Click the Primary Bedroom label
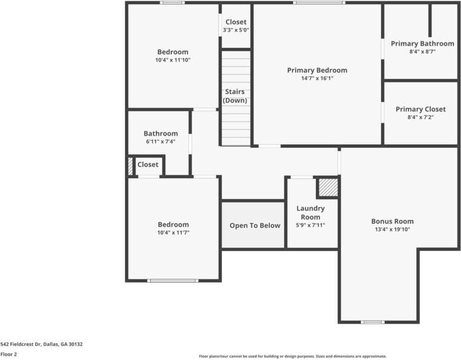coord(317,70)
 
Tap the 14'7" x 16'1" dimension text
coord(317,78)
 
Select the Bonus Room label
coord(393,221)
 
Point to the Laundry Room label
coord(310,212)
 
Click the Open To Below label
coord(255,226)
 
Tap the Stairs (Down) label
coord(235,96)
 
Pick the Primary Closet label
coord(420,109)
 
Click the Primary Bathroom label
coord(422,44)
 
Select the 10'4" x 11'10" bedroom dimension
coord(173,60)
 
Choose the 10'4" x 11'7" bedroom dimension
coord(174,233)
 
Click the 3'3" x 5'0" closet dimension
coord(236,30)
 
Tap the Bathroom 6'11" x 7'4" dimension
coord(161,142)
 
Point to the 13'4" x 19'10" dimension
coord(393,229)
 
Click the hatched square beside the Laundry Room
coord(329,188)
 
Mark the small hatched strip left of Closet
coord(130,166)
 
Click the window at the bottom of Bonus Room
coord(373,322)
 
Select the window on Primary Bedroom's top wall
coord(319,2)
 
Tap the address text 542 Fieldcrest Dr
coord(21,344)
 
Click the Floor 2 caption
coord(8,355)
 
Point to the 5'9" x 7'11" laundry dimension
coord(310,225)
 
